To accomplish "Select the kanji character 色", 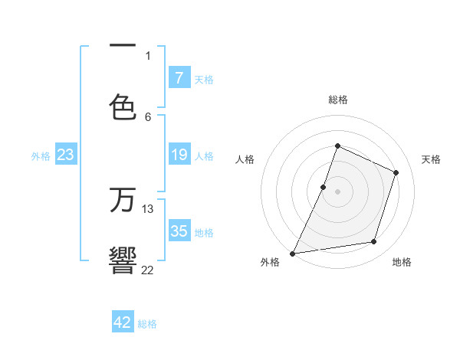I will [123, 106].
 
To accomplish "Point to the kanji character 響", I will [123, 260].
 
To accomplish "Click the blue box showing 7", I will [179, 78].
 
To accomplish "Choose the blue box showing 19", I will [179, 155].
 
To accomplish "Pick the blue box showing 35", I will [179, 231].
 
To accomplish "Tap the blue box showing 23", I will [66, 155].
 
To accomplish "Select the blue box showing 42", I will [123, 322].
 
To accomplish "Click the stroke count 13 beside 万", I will [148, 208].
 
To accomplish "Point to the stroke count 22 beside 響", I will [148, 269].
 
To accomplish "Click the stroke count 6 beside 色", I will [148, 116].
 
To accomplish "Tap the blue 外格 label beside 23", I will [41, 156].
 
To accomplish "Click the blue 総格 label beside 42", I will [147, 324].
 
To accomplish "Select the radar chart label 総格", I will [337, 100].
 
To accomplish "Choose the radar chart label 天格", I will [431, 159].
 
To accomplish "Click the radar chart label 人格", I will [245, 159].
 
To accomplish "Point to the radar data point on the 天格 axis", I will [396, 172].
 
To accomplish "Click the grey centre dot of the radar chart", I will [337, 191].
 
